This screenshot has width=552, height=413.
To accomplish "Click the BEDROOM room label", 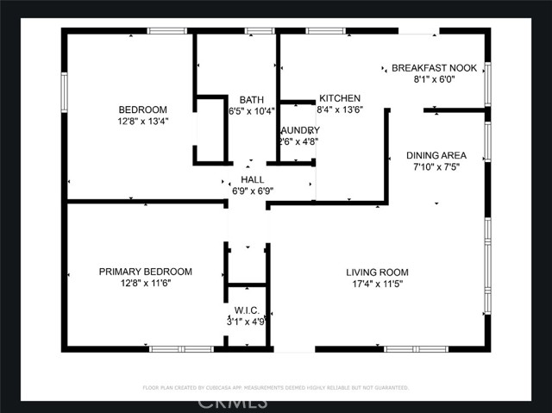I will coord(142,110).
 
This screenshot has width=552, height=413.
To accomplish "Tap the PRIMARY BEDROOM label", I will coord(145,272).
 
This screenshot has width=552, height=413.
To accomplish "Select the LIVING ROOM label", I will coord(378,272).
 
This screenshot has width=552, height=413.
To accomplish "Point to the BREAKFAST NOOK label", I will coord(435,67).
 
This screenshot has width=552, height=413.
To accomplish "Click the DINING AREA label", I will coord(436,156).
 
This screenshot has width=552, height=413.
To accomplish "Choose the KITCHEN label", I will coord(340,98).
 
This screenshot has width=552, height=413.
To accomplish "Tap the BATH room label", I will coord(251,99).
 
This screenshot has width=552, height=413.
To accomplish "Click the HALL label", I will coord(252,179).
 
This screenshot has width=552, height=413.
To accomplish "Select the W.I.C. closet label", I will coord(246,310).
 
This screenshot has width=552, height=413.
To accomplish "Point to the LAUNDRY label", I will coord(299,130).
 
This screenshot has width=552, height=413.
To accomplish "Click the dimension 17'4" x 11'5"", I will coord(378,283).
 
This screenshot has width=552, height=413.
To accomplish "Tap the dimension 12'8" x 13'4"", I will coord(142,122).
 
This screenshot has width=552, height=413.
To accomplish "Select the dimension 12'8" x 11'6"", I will coord(145,283).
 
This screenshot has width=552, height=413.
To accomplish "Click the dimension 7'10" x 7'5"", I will coord(436,167).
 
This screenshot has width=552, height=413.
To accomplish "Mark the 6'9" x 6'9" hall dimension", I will coord(252,191).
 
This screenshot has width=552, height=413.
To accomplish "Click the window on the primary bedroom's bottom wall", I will coord(181,349).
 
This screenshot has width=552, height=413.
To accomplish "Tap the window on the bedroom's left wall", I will coord(64,91).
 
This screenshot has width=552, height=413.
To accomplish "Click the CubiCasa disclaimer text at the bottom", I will coord(276,387).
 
